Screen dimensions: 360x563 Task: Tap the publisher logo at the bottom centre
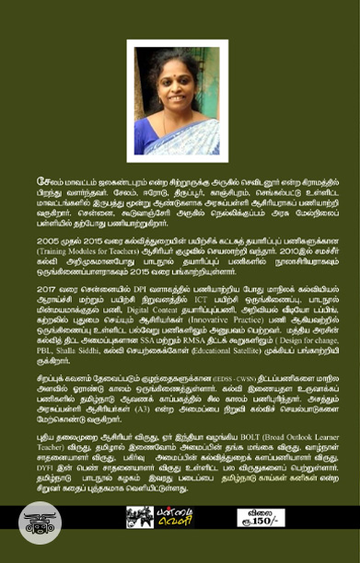pos(180,518)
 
